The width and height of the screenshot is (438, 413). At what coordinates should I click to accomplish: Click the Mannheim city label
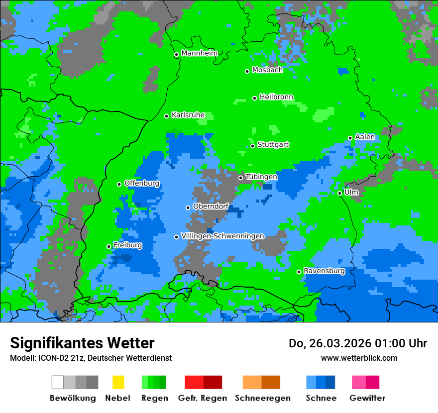pos(199,53)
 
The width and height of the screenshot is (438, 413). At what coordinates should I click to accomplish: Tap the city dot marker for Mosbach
pos(247,71)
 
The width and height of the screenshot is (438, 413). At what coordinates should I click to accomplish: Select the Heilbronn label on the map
pos(276,97)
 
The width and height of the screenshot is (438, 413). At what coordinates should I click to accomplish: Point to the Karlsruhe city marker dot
pos(167,116)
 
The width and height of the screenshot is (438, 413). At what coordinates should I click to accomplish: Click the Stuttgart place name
pos(273,145)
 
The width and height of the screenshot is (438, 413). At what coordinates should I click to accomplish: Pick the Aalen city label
pos(365,137)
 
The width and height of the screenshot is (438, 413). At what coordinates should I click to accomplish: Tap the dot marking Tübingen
pos(240,178)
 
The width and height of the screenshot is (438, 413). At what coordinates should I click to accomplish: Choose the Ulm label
pos(351,192)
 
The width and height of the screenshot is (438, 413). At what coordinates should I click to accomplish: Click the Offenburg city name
pos(142,183)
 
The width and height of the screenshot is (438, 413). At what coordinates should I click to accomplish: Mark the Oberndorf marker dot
pos(188,207)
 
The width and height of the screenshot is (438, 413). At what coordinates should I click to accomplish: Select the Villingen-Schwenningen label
pos(222,236)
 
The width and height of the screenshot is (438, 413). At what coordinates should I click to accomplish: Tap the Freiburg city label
pos(127,245)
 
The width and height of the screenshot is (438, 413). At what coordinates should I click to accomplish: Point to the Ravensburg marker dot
pos(299,272)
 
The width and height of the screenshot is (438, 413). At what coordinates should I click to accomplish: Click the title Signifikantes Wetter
pos(82,343)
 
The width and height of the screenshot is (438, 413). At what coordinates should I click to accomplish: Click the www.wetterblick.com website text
pos(359,358)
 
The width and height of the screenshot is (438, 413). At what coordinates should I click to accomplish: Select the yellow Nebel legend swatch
pos(118,382)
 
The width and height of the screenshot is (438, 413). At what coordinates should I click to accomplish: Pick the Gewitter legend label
pos(367,398)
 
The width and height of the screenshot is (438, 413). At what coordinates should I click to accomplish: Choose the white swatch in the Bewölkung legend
pos(58,382)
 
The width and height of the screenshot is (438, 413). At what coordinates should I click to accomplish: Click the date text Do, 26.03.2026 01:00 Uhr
pos(357,343)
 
